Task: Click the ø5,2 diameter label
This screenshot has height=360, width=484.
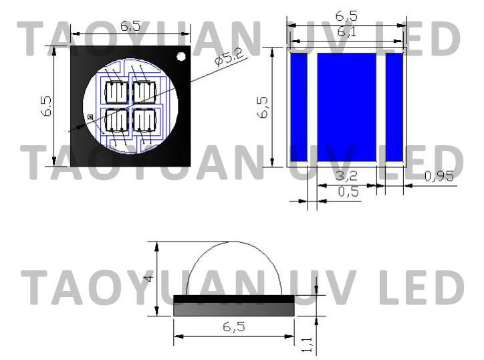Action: click(230, 57)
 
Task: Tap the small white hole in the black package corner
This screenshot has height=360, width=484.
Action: click(181, 56)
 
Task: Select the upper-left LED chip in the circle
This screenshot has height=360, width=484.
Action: click(117, 92)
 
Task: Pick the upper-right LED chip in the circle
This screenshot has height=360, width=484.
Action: click(144, 92)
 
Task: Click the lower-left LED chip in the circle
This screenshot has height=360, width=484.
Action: click(117, 120)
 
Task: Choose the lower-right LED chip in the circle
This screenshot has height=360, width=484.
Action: click(144, 120)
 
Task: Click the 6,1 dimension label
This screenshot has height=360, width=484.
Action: click(347, 32)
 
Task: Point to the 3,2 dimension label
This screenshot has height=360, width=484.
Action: click(347, 176)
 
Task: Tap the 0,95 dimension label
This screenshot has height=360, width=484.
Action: click(439, 176)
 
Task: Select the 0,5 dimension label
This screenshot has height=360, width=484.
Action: click(348, 192)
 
